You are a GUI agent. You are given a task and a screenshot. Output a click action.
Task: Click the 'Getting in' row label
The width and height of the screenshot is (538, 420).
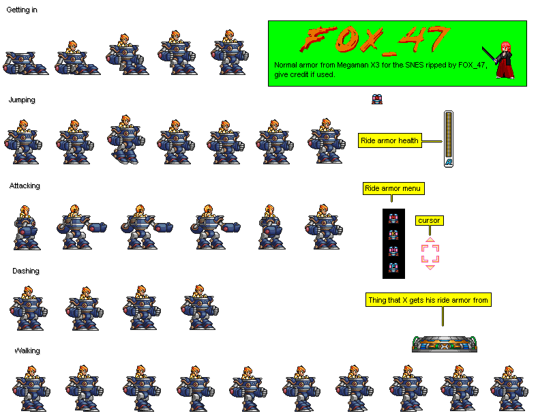[22, 10]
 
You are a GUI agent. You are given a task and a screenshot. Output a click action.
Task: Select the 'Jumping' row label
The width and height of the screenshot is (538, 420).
[22, 100]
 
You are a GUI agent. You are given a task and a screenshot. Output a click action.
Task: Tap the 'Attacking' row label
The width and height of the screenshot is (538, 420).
[25, 185]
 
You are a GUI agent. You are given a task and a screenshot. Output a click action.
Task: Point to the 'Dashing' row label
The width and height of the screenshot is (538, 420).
[26, 271]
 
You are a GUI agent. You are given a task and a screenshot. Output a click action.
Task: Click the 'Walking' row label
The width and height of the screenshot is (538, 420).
[27, 350]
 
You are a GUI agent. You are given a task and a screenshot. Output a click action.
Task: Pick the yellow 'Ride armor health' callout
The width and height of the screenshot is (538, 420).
[390, 140]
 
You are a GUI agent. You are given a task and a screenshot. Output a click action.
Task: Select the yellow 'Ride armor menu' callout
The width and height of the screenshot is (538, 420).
[393, 188]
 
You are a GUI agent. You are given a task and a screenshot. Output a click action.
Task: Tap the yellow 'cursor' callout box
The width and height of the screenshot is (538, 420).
[429, 220]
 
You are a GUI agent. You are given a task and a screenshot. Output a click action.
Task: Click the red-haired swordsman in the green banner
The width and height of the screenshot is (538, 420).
[501, 61]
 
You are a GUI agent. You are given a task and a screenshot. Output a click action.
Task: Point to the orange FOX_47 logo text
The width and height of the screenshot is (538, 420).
[375, 40]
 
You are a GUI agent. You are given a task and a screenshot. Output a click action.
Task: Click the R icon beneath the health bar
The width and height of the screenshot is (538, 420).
[449, 162]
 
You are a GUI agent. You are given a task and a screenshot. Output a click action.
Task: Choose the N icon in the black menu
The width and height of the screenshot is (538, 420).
[393, 218]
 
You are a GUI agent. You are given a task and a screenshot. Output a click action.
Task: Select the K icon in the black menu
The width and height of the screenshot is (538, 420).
[393, 235]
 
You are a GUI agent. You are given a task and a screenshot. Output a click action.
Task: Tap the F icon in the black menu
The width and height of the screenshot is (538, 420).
[393, 267]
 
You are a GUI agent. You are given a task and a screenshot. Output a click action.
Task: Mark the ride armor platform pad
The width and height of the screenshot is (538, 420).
[445, 344]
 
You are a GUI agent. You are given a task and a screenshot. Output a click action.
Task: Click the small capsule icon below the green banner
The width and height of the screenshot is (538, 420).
[377, 99]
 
